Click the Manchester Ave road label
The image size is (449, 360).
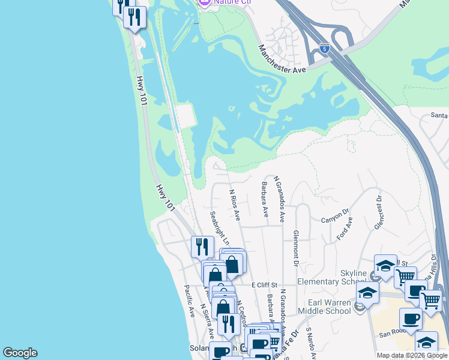point(282,60)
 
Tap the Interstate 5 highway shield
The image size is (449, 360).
point(325,47)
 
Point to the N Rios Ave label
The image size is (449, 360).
point(235,204)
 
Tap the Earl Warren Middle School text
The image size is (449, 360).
point(329,306)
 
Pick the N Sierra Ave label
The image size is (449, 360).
point(207,321)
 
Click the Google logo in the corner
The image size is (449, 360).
point(20,353)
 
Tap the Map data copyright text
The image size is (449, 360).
point(412,355)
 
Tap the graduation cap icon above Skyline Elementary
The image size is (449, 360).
point(385,265)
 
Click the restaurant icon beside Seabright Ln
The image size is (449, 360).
point(202,246)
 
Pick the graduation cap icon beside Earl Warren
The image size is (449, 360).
point(367,293)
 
